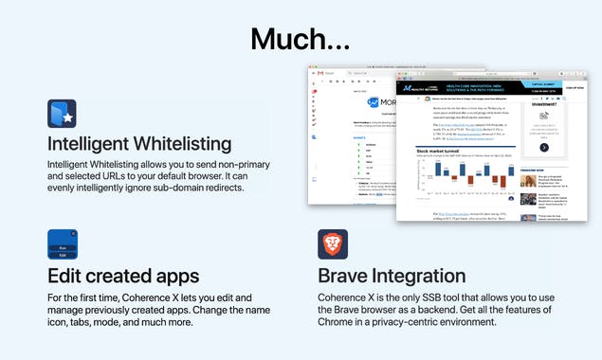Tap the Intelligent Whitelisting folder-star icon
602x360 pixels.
point(63,114)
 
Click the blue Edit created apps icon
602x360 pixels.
point(63,244)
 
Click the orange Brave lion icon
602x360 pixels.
point(333,244)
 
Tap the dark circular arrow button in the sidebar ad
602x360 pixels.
point(544,147)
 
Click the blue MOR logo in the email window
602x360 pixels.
point(377,102)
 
